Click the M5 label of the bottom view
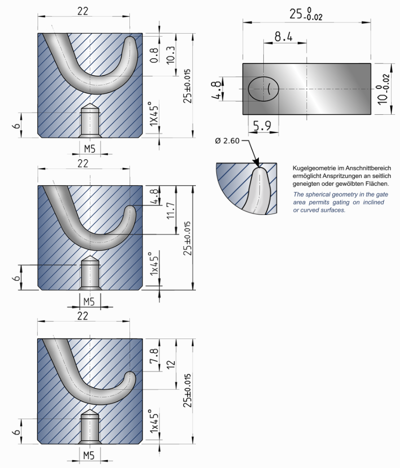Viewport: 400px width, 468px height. [88, 455]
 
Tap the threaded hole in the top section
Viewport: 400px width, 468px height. [90, 121]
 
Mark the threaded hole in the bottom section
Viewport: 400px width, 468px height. [90, 428]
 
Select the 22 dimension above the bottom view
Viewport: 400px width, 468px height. [83, 316]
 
